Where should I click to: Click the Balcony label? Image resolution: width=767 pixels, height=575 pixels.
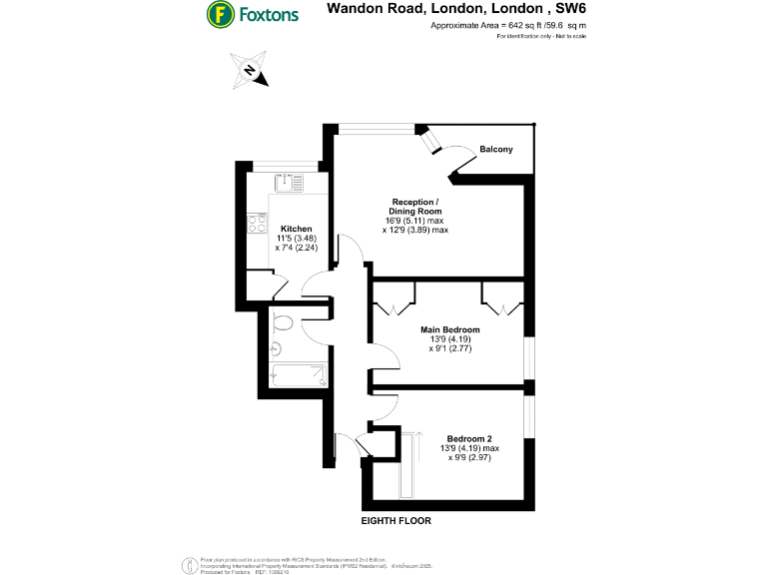click(x=496, y=150)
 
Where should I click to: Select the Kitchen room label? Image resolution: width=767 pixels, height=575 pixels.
click(x=296, y=228)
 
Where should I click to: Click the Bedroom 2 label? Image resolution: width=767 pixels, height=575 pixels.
click(x=468, y=438)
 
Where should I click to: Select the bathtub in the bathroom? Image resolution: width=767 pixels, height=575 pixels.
click(x=299, y=375)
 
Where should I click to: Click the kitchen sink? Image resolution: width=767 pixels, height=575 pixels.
click(x=289, y=181)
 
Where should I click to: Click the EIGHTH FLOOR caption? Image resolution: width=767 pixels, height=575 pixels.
click(x=396, y=522)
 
